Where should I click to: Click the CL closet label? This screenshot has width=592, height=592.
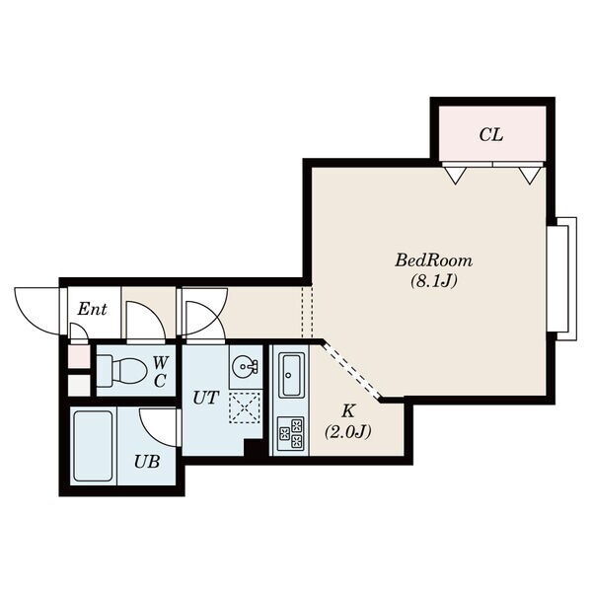491,135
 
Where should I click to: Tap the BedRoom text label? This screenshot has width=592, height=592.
433,260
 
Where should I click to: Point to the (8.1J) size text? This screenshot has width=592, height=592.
434,281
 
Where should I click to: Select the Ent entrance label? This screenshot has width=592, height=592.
92,309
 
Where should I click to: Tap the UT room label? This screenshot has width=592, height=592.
205,398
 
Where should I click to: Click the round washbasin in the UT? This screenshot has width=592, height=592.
245,366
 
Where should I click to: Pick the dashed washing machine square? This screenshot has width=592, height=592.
245,407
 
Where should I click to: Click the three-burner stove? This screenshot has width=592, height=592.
291,433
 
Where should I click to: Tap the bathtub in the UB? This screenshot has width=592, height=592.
93,446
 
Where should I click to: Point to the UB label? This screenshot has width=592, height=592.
147,462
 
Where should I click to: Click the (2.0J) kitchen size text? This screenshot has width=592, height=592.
347,431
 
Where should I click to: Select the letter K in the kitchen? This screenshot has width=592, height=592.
348,410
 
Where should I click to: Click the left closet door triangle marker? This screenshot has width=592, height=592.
456,176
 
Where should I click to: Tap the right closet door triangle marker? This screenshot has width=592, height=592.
530,176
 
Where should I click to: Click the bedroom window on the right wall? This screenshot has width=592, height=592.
562,279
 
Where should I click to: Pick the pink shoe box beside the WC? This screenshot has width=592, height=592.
79,357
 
